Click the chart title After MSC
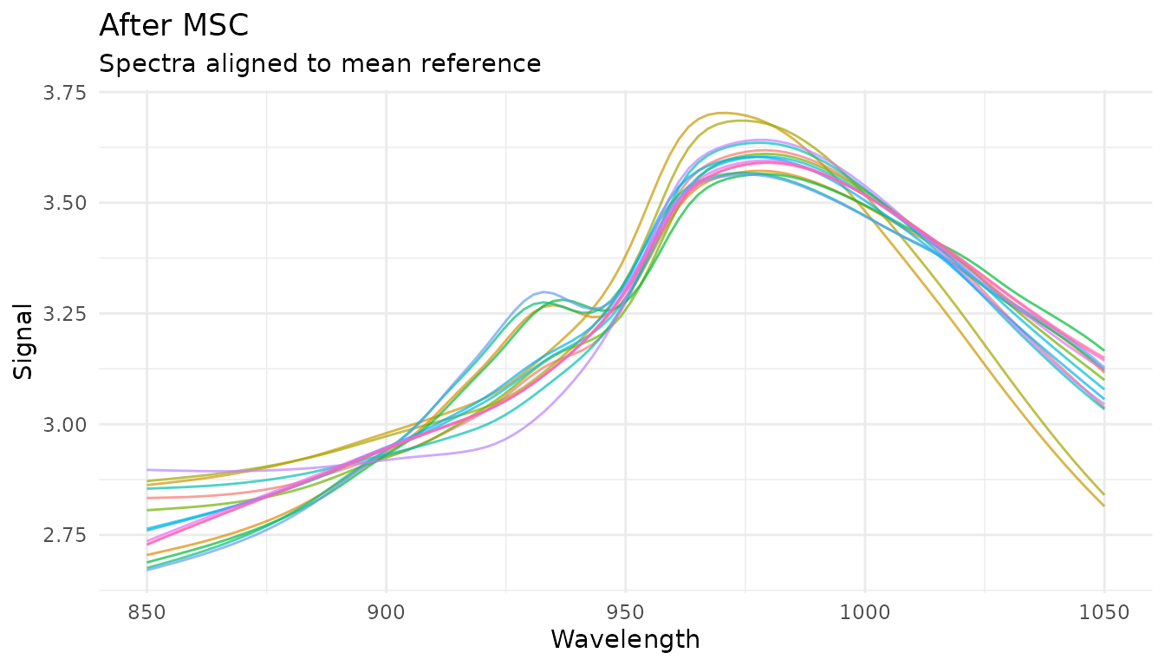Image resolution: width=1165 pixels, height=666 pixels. pyautogui.click(x=174, y=25)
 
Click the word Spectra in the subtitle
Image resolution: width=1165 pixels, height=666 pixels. pyautogui.click(x=140, y=63)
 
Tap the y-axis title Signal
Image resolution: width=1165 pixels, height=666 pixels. pyautogui.click(x=24, y=341)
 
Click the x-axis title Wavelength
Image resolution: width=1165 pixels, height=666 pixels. pyautogui.click(x=625, y=640)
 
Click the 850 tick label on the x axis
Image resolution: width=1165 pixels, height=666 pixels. pyautogui.click(x=146, y=611)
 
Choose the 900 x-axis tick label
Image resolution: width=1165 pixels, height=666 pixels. pyautogui.click(x=386, y=611)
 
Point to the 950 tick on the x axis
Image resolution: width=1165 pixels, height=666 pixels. pyautogui.click(x=625, y=611)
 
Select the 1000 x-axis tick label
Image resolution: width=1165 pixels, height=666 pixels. pyautogui.click(x=864, y=611)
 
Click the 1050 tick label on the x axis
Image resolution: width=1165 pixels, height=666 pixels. pyautogui.click(x=1103, y=611)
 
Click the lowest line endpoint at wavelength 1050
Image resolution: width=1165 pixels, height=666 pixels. pyautogui.click(x=1103, y=506)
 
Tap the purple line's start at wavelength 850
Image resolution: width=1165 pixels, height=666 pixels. pyautogui.click(x=147, y=469)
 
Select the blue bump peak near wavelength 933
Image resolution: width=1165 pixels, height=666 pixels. pyautogui.click(x=543, y=291)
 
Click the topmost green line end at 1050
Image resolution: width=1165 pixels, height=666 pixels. pyautogui.click(x=1103, y=350)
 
